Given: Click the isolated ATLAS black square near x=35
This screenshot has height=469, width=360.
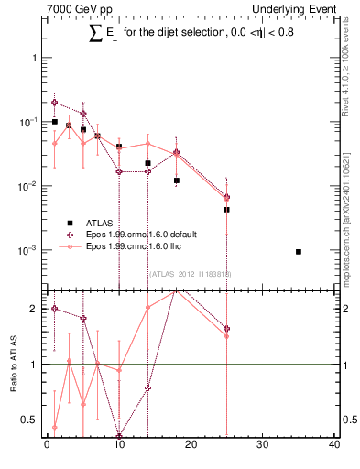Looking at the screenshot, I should (x=299, y=251).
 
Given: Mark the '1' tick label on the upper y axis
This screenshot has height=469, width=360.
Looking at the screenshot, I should (x=34, y=58).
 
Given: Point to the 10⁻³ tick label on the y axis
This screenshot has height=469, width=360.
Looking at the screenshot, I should (x=29, y=249).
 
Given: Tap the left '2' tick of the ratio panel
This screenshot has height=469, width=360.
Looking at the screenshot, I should (x=34, y=309).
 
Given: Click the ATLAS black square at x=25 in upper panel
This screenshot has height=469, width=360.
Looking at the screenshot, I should (x=226, y=209).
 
